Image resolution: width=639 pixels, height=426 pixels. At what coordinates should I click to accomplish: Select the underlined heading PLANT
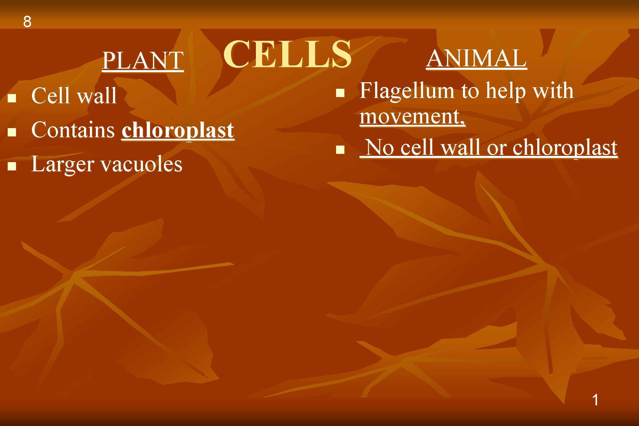coord(143,61)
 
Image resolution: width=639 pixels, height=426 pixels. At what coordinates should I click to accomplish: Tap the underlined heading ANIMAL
coord(477,58)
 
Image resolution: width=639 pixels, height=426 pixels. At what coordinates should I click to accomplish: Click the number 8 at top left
coord(27,22)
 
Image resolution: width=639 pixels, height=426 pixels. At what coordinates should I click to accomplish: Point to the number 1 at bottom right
coord(596,400)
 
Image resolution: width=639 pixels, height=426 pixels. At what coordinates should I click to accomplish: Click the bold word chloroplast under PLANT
coord(178,130)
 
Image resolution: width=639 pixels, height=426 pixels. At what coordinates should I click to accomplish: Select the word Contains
coord(73,130)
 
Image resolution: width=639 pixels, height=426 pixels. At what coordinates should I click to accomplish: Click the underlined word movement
coord(411,116)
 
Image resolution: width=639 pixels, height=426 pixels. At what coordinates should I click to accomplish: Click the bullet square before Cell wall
coord(12,98)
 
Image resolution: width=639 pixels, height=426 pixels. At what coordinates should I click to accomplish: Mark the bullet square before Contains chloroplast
coord(12,132)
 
